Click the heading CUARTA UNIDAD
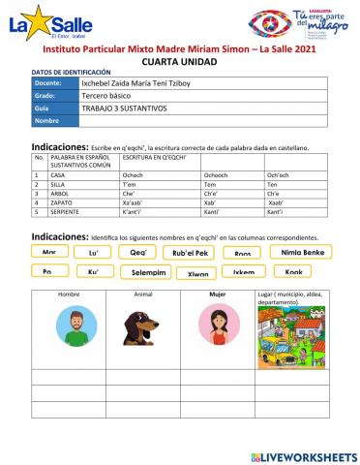[179, 60]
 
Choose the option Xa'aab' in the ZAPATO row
[137, 201]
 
